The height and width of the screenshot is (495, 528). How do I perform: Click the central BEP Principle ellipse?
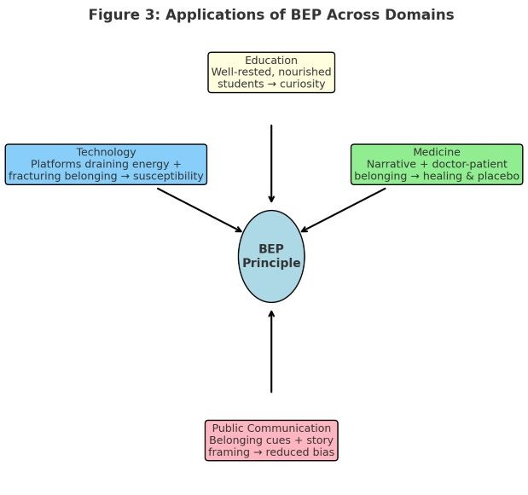271,256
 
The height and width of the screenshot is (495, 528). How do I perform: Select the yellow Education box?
271,72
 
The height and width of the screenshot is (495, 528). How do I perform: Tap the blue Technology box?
106,165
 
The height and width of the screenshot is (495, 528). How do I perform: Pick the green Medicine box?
437,165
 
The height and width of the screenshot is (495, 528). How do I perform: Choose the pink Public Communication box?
271,440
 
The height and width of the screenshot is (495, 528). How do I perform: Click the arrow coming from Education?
271,164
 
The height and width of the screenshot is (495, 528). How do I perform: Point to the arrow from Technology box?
200,210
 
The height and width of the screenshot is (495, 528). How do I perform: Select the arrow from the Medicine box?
343,210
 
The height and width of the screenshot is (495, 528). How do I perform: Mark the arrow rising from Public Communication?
271,352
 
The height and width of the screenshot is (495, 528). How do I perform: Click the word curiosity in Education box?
303,84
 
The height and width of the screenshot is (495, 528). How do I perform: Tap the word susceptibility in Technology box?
168,176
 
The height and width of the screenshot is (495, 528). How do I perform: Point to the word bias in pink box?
324,451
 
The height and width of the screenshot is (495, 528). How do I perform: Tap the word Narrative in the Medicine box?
392,164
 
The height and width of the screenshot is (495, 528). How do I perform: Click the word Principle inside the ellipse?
271,263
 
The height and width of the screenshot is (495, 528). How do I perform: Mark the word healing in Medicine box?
443,176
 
